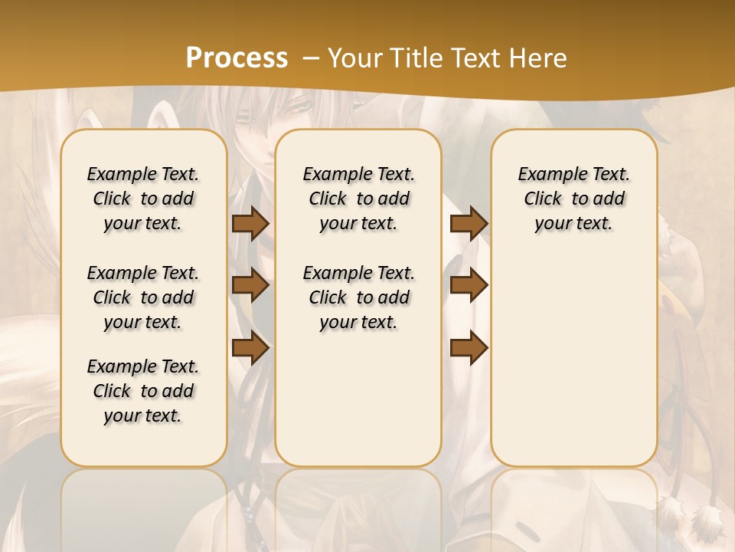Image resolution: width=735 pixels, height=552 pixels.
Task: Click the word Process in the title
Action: (237, 58)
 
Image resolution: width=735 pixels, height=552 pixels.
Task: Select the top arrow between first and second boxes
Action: (250, 223)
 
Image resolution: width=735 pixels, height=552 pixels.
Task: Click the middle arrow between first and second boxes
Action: (250, 286)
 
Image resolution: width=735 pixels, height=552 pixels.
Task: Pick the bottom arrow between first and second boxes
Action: (250, 348)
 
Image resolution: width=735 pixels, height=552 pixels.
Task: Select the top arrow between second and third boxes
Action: (469, 223)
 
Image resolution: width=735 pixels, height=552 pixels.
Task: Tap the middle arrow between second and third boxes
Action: (469, 286)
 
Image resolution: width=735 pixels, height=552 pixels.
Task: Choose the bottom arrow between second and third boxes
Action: (469, 348)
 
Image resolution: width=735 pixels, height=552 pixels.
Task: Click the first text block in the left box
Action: (143, 199)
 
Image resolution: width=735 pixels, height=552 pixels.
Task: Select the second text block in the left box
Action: (143, 297)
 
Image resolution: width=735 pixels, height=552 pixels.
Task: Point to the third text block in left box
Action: (143, 391)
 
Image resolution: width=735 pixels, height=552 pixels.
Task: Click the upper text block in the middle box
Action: (358, 199)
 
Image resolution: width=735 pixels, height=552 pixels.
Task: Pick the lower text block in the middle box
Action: (358, 297)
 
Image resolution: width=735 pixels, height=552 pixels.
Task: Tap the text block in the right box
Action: (573, 199)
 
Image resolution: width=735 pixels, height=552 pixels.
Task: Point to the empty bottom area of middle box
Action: (358, 399)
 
